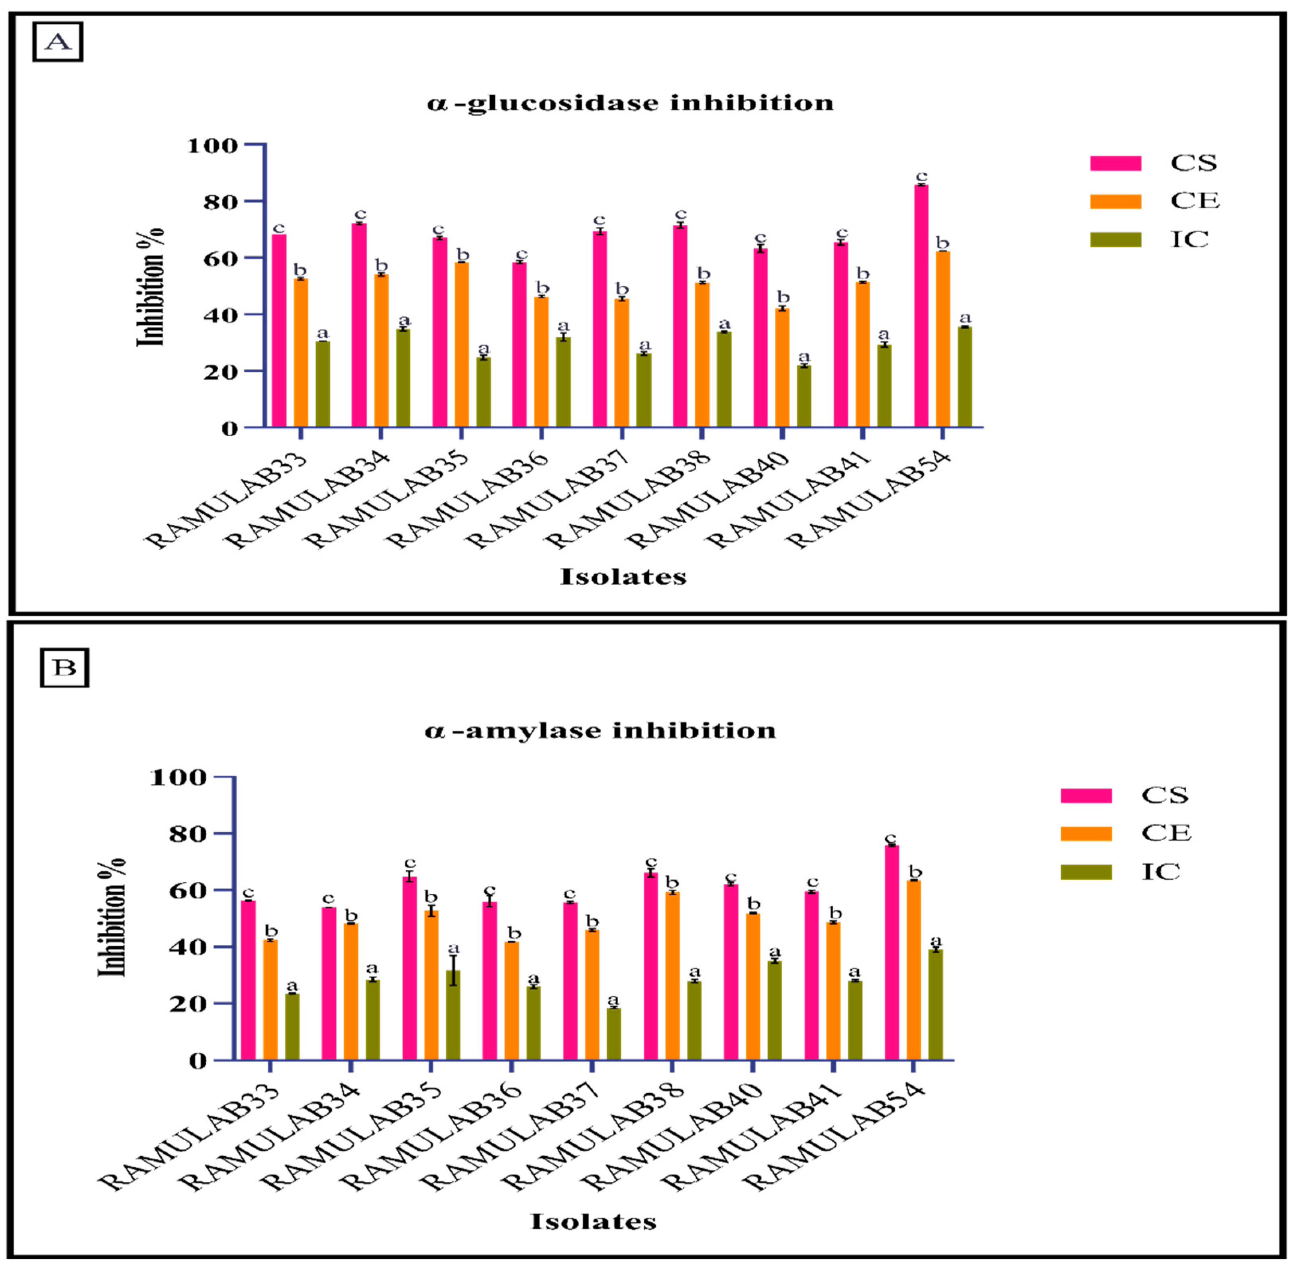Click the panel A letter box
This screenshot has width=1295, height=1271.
tap(57, 42)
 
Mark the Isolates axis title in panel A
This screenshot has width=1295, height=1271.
tap(623, 576)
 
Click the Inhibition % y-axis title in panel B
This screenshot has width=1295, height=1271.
tap(112, 918)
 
